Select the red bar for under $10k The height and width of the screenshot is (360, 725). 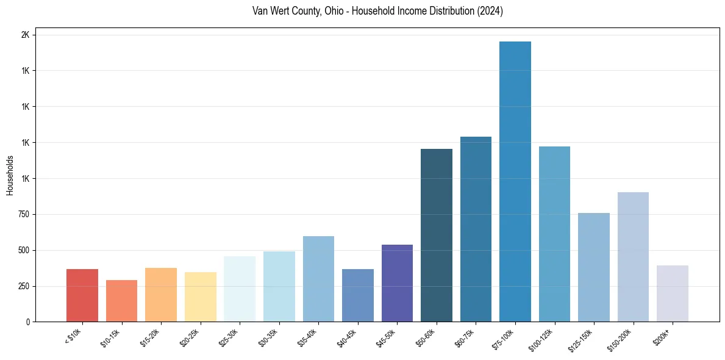[x=82, y=295]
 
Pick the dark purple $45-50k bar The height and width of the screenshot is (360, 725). [x=397, y=283]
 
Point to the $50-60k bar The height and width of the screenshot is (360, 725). [x=437, y=235]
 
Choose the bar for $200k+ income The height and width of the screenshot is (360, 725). [x=673, y=293]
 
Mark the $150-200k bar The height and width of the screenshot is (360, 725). [x=633, y=257]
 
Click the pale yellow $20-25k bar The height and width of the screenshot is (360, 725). [x=200, y=297]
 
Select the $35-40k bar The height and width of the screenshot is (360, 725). [x=318, y=279]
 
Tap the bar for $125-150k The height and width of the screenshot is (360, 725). [x=594, y=267]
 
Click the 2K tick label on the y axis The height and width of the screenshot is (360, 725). [x=25, y=35]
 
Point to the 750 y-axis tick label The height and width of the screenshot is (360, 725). [x=23, y=214]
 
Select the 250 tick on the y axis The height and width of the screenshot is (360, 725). [x=23, y=286]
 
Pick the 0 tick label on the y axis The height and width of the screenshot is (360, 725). [x=28, y=322]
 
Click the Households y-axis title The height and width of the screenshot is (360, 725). [x=10, y=175]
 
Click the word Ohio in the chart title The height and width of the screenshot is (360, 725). [x=328, y=12]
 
